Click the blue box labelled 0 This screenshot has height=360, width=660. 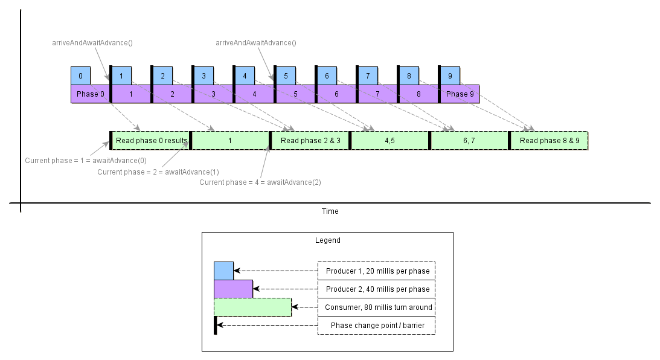[x=80, y=76]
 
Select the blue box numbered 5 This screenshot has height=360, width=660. [x=286, y=76]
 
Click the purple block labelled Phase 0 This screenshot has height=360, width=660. [x=91, y=94]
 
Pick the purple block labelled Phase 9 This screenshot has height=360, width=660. [x=460, y=94]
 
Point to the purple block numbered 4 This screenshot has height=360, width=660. [x=254, y=94]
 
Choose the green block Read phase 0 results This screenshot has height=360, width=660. [x=151, y=141]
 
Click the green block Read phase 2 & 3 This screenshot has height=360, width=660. [x=310, y=141]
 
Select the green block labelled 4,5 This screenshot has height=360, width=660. [x=390, y=141]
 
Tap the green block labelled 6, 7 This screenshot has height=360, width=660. [x=470, y=141]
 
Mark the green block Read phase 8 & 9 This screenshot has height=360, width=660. [x=549, y=141]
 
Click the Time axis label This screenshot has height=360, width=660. [x=330, y=211]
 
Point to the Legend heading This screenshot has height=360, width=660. [x=327, y=240]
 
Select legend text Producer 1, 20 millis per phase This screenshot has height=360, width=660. [x=377, y=271]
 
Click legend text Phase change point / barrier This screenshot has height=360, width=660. [x=377, y=326]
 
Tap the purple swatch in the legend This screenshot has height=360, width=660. [x=233, y=289]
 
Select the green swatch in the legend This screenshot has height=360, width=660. [x=252, y=307]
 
